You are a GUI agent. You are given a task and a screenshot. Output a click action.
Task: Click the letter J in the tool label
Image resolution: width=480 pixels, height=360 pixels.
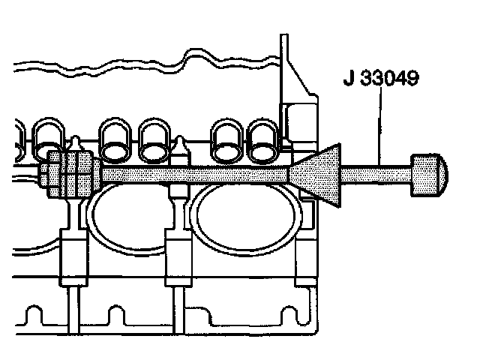349,78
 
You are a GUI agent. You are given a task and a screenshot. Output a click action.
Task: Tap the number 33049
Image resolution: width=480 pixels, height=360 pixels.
389,78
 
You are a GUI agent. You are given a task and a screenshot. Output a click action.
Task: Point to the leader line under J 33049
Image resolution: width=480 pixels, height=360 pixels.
380,126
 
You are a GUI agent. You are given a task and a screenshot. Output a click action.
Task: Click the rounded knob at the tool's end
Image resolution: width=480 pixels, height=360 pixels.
429,175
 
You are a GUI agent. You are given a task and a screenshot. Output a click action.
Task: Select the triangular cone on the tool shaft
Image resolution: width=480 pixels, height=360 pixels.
315,175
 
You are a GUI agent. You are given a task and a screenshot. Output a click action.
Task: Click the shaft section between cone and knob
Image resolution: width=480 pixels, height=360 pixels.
376,175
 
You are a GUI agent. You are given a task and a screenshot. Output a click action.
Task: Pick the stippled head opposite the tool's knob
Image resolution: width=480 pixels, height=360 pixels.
70,174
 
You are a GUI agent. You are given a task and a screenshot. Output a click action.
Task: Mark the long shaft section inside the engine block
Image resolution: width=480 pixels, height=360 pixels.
195,175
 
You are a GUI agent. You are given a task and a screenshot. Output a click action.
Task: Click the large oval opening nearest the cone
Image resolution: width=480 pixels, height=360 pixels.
246,215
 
